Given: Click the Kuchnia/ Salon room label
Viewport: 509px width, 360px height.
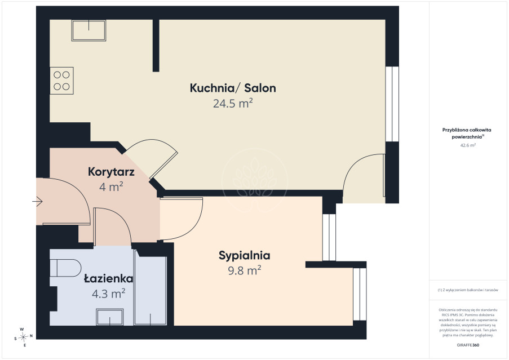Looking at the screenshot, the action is pos(233,88).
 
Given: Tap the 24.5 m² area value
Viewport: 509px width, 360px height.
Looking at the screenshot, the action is pos(233,104).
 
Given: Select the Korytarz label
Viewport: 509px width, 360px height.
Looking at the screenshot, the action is pos(111,172).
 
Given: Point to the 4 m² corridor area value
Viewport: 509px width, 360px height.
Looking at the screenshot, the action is pos(111,187).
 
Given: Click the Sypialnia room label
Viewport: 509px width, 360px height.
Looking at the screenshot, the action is pos(245,256).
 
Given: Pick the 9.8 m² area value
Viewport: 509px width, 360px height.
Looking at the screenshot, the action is pos(245,270).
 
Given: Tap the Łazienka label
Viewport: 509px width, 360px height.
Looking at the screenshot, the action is pos(108,278).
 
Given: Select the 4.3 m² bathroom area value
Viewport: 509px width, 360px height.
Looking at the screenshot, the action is pos(108,294).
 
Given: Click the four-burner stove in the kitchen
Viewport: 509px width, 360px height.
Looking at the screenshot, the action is pos(61,81).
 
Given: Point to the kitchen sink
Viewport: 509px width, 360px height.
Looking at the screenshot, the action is pos(88,30).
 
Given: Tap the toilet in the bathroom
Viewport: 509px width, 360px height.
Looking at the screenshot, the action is pos(65,268).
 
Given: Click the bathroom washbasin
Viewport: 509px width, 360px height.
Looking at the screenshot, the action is pos(110,317).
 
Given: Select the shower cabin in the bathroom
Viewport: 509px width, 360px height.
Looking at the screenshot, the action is pos(151,291).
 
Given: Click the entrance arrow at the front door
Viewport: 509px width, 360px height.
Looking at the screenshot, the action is pos(37,202).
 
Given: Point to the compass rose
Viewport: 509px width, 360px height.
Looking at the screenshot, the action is pos(23,337).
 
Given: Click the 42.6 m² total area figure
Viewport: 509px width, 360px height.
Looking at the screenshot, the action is pos(468,145).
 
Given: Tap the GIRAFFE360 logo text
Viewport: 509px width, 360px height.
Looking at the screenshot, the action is pos(468,345).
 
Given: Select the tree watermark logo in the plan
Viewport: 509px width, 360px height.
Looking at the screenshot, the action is pos(255,180).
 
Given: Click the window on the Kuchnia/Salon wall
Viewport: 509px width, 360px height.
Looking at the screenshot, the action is pos(392,104).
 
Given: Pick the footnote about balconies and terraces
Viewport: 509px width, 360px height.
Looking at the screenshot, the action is pos(468,290).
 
